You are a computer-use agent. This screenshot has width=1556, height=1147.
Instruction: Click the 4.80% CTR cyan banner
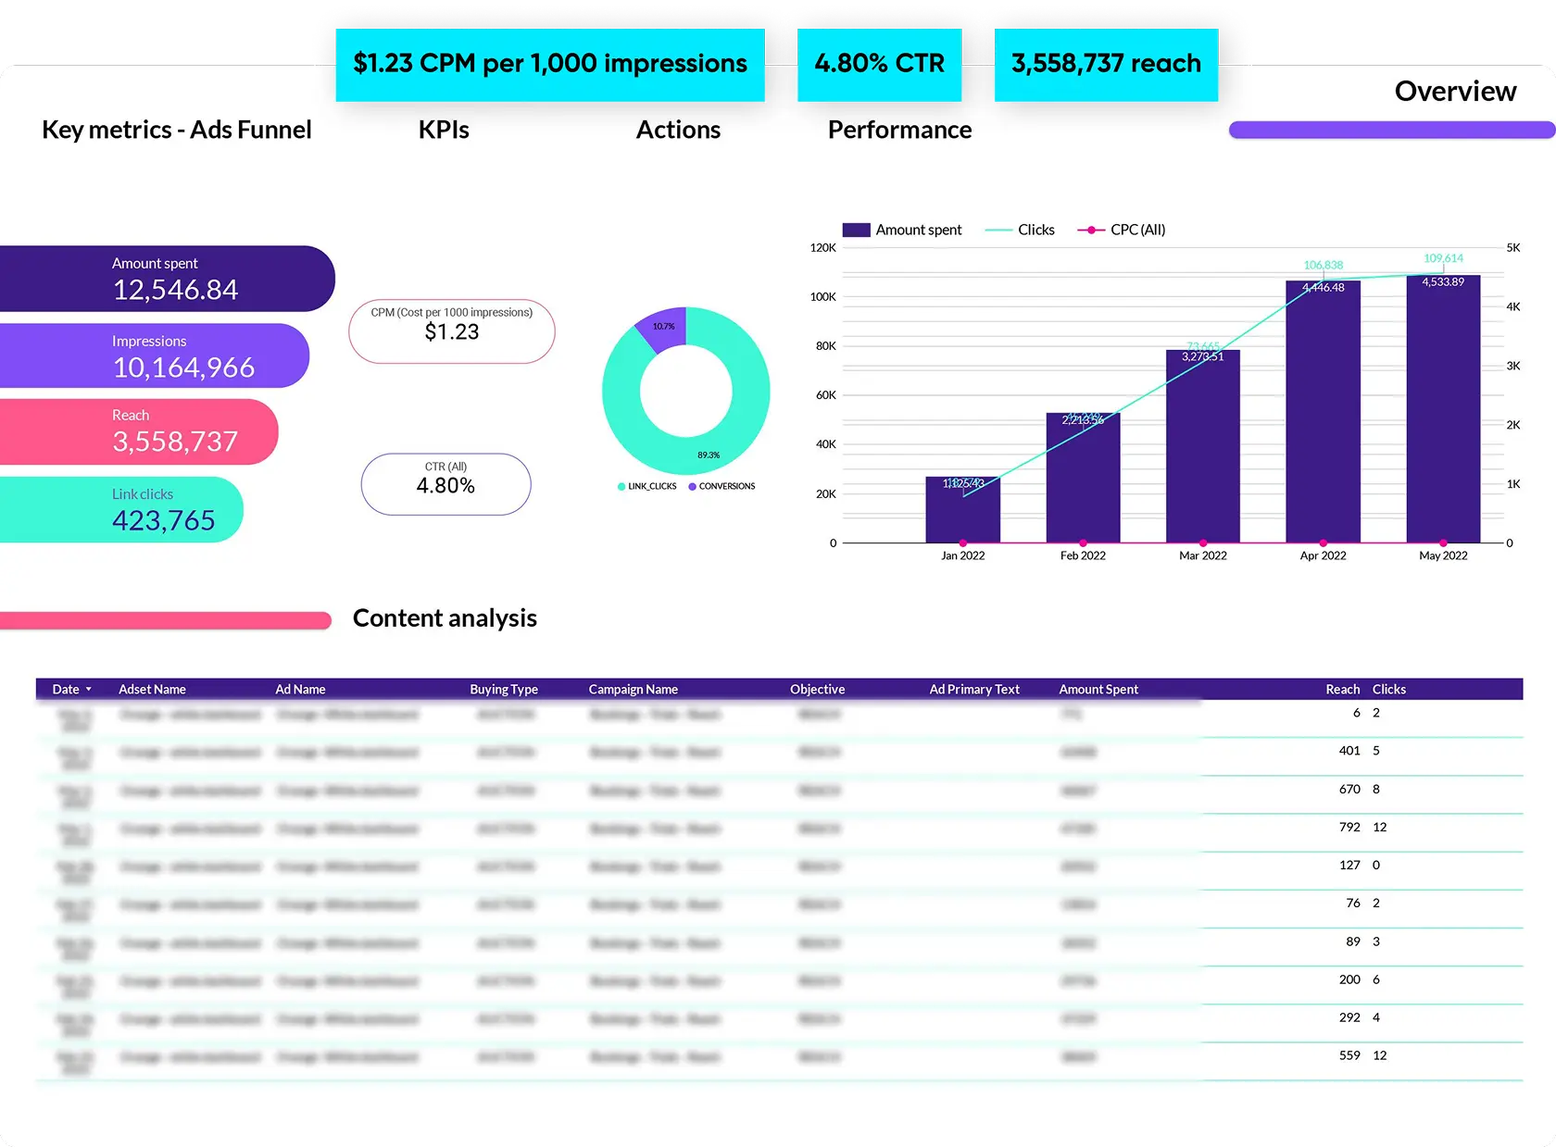click(879, 64)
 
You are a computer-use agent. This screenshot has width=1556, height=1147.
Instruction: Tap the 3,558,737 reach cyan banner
click(1106, 64)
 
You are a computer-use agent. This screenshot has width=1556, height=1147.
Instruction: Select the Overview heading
click(1455, 91)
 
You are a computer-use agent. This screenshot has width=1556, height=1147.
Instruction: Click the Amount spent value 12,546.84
click(175, 290)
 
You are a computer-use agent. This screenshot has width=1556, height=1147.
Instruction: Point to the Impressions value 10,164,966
click(183, 368)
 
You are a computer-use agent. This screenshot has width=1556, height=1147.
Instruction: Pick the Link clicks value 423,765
click(163, 520)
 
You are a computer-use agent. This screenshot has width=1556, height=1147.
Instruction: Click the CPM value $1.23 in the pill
click(452, 332)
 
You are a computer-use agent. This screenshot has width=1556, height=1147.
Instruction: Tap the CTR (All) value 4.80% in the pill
click(445, 486)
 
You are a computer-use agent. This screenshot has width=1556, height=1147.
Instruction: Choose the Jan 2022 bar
click(962, 511)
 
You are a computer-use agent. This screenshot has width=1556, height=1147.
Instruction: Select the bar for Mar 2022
click(1202, 449)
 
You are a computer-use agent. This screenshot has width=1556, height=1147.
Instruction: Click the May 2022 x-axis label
click(1443, 555)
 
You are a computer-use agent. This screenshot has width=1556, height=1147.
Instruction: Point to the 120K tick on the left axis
click(822, 248)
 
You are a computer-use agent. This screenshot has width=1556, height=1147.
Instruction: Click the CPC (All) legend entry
click(1123, 230)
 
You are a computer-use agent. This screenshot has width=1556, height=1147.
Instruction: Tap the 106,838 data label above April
click(1323, 266)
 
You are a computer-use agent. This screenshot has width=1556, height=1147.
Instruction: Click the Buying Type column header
click(503, 690)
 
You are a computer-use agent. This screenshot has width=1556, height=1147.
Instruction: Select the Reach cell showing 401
click(1349, 751)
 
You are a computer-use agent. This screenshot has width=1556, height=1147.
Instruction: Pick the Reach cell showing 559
click(1349, 1055)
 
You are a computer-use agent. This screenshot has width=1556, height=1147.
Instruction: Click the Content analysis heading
click(445, 618)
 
